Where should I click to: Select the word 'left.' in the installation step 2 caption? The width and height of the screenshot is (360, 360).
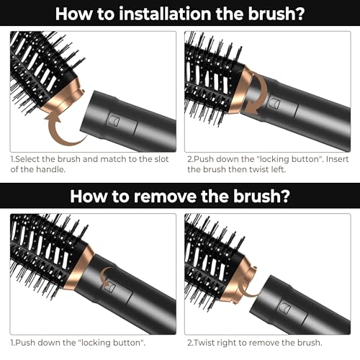[x=276, y=169]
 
